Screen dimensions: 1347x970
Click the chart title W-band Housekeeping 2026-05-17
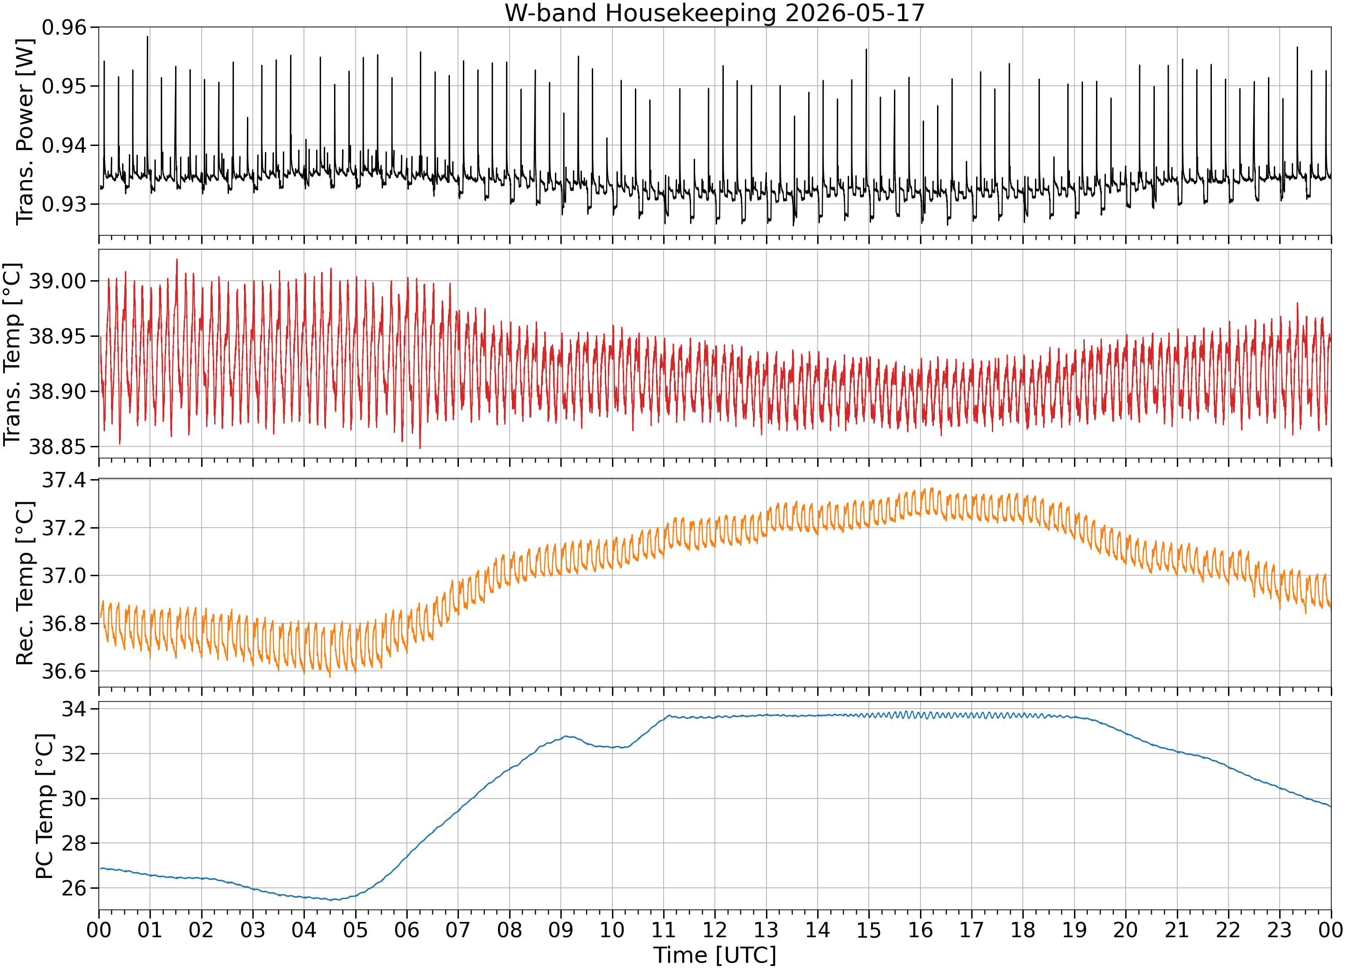tap(714, 13)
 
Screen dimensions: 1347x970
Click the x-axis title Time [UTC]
tap(714, 955)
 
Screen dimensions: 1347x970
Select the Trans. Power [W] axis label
tap(25, 132)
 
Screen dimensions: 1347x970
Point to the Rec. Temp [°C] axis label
tap(25, 583)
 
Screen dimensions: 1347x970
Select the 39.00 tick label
tap(57, 281)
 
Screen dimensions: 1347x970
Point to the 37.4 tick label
tap(64, 480)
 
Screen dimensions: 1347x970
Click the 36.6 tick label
tap(64, 671)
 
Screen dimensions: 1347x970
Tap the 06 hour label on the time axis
tap(407, 930)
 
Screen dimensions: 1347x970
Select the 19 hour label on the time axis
tap(1074, 930)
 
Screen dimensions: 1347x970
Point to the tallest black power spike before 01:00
tap(147, 37)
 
